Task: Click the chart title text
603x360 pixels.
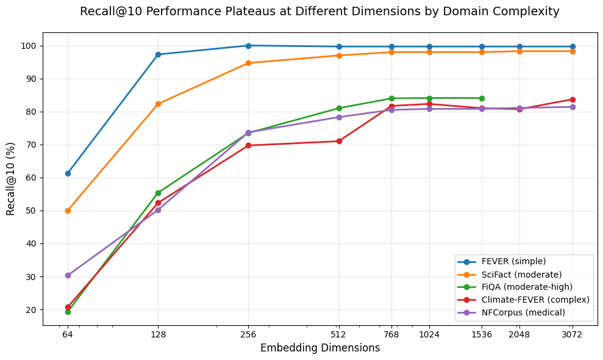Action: (319, 11)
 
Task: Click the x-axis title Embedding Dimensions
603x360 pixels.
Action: (319, 348)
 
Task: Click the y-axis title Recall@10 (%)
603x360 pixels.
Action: (11, 178)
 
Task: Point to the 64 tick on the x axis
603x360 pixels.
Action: (68, 334)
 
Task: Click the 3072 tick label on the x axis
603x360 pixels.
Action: (573, 334)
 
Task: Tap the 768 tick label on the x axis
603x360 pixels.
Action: (391, 334)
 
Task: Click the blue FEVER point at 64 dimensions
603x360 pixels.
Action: (68, 173)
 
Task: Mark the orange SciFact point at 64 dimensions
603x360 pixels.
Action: (68, 211)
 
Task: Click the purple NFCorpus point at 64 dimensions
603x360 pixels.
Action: (68, 275)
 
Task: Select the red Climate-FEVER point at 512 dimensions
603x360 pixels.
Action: (339, 141)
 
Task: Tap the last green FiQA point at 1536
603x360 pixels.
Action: (482, 98)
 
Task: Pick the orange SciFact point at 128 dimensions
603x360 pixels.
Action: (158, 104)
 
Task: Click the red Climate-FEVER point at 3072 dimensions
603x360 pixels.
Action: (573, 99)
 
